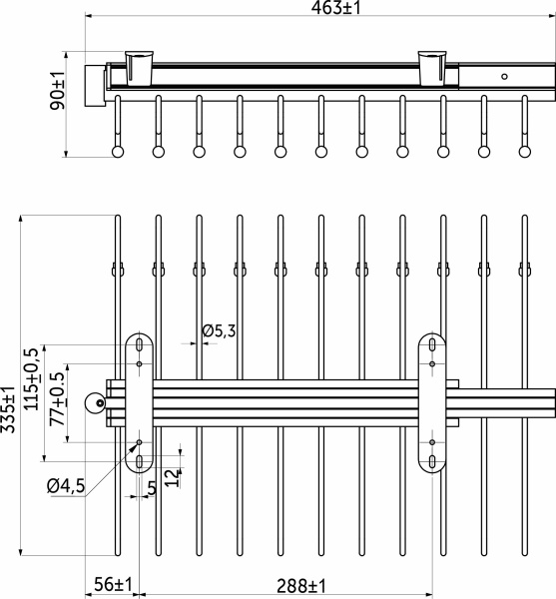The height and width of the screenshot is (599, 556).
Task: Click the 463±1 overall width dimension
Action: (x=335, y=8)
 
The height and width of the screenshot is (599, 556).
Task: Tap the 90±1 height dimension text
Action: (x=58, y=90)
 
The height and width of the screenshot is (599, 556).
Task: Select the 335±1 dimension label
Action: (x=8, y=409)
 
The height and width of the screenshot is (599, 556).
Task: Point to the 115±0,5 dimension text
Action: (x=31, y=379)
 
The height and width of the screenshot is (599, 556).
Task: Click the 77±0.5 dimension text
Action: (x=57, y=399)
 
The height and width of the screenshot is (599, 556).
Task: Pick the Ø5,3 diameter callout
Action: (x=219, y=330)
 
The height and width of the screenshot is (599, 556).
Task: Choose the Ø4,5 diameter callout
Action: (x=66, y=486)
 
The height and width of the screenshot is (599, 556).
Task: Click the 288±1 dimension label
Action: (x=301, y=585)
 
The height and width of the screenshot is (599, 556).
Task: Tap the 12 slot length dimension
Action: (x=173, y=477)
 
